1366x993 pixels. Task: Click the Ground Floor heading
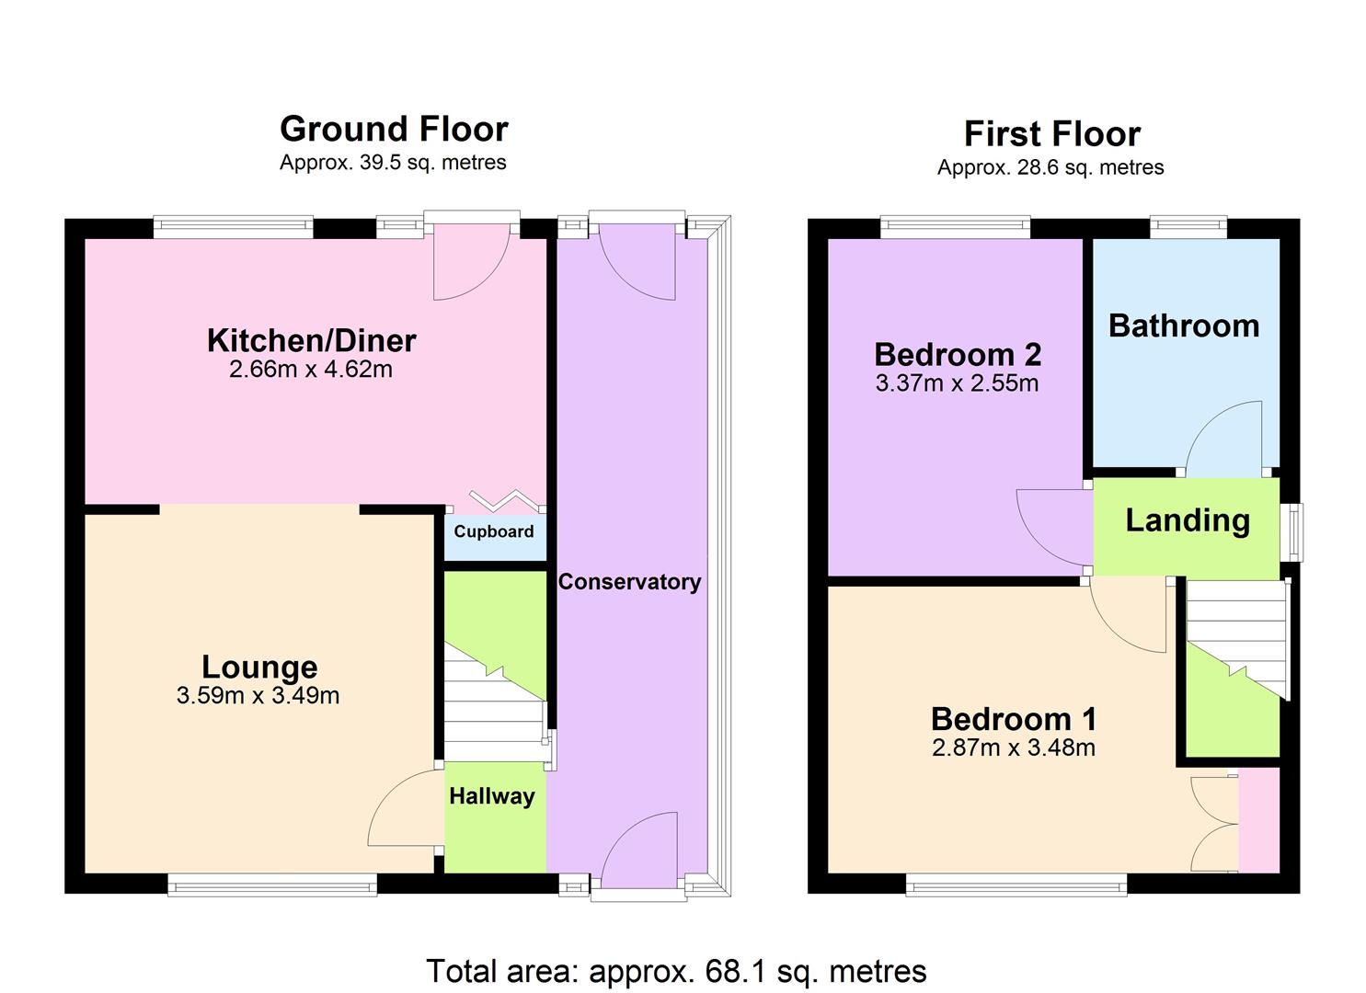(394, 130)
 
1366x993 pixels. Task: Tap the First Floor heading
(1051, 134)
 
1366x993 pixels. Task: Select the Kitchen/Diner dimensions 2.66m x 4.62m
(311, 370)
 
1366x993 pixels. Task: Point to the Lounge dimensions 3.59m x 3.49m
(258, 696)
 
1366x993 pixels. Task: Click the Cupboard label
(494, 531)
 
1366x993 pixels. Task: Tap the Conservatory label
(629, 582)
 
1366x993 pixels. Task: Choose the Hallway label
(492, 796)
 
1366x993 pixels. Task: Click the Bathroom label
(1184, 325)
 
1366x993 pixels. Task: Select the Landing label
(1188, 520)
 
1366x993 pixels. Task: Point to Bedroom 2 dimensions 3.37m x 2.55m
(957, 383)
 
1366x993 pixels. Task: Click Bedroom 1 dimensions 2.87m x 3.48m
(1014, 748)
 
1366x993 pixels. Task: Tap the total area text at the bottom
(676, 971)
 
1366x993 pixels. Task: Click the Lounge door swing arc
(403, 809)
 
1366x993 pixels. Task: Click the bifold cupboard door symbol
(502, 500)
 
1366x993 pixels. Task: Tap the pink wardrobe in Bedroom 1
(1258, 821)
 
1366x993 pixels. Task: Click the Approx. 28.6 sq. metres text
(1050, 167)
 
